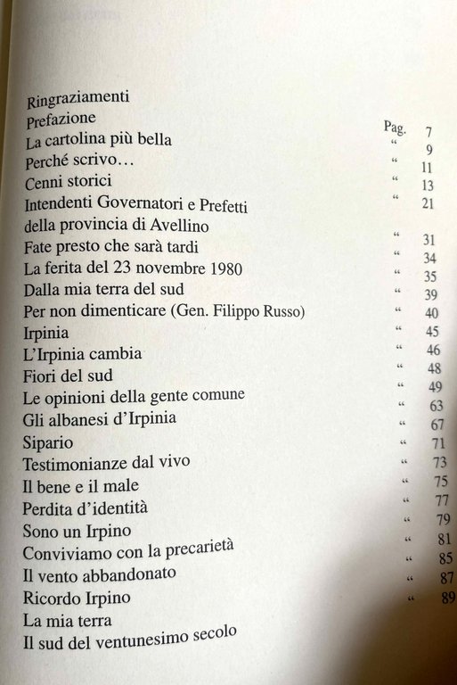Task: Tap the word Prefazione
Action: (x=69, y=120)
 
